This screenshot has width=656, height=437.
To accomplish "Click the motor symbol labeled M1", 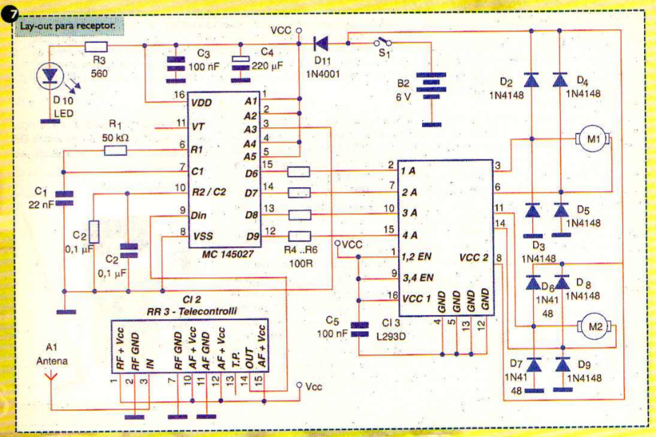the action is (x=593, y=138).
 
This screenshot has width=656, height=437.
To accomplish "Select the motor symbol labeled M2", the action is (x=595, y=326).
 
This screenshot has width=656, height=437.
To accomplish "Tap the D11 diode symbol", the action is (x=322, y=43).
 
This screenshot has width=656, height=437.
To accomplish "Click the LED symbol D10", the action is (x=50, y=76).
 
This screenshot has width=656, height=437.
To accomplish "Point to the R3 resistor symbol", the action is (x=96, y=47).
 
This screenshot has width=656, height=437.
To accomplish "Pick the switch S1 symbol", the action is (x=382, y=42).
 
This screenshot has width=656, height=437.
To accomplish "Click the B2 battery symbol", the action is (x=431, y=86).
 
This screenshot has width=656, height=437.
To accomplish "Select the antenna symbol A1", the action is (x=51, y=376).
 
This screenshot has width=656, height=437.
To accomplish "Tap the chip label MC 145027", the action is (x=228, y=254).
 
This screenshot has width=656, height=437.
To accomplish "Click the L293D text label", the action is (x=391, y=336).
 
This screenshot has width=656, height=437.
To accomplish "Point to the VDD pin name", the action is (x=201, y=103).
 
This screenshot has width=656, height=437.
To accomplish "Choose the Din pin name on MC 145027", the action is (x=199, y=215).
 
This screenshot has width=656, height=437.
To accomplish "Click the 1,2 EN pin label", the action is (x=416, y=256).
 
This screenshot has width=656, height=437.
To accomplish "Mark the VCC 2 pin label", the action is (x=474, y=258).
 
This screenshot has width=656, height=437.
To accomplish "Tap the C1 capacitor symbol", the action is (x=64, y=198).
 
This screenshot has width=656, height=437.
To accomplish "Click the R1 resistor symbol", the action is (x=115, y=150).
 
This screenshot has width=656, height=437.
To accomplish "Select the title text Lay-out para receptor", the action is (x=68, y=26).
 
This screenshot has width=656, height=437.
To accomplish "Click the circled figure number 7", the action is (x=9, y=14).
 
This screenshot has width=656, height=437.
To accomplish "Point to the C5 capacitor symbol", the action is (x=359, y=329).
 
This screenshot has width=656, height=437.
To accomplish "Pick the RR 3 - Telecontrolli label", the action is (x=192, y=311).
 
